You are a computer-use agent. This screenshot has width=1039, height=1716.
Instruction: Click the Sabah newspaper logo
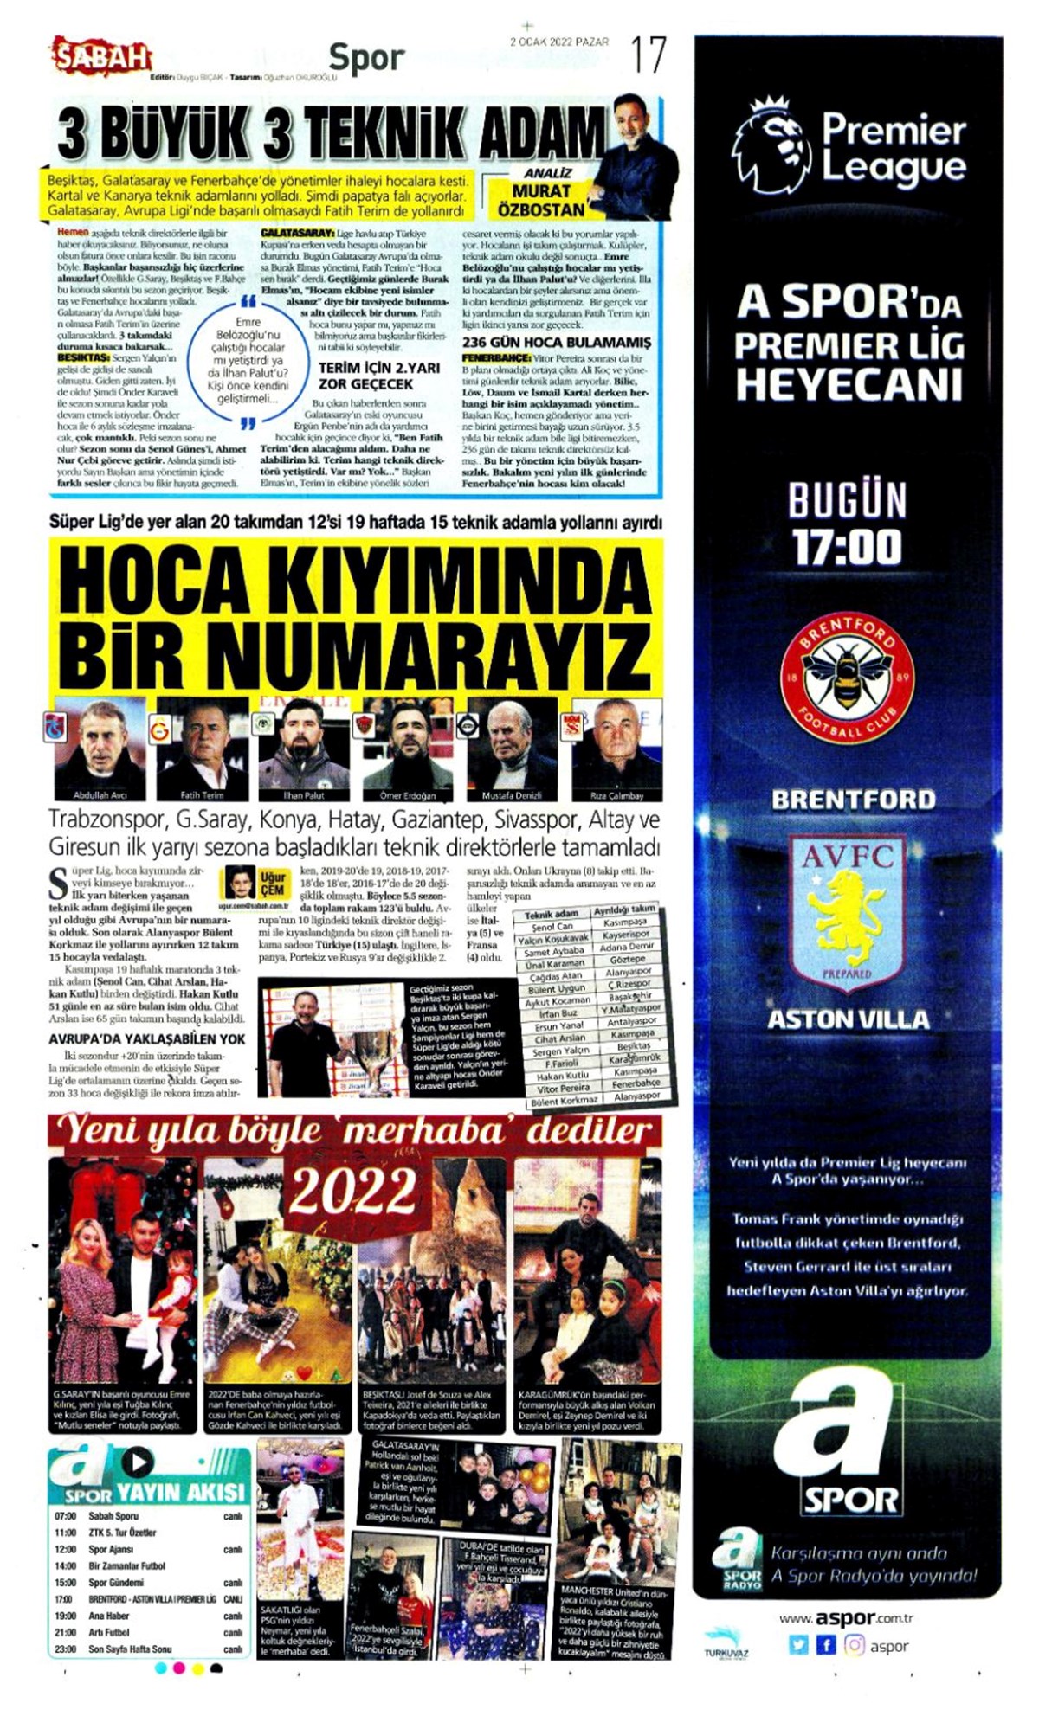tap(101, 57)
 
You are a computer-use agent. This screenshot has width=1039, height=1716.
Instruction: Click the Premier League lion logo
tap(771, 147)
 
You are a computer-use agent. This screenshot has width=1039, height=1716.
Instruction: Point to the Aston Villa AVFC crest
tap(847, 913)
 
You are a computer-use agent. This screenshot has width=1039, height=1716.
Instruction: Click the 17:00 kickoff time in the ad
tap(847, 548)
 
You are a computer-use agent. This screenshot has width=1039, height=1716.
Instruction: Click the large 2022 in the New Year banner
tap(353, 1192)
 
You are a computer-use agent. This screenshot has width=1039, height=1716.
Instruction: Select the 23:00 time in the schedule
tap(65, 1649)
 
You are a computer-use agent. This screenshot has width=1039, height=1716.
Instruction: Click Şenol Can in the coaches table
tap(552, 926)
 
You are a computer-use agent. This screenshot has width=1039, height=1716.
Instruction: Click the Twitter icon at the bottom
tap(798, 1645)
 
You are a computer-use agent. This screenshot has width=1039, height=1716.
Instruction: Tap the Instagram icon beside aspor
tap(854, 1645)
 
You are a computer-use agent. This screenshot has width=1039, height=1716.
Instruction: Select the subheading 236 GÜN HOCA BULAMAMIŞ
tap(556, 342)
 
